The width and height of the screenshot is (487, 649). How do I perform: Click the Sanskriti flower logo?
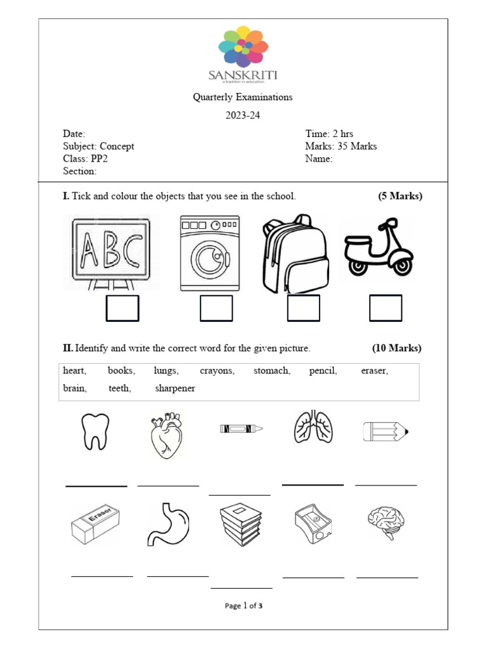pyautogui.click(x=243, y=47)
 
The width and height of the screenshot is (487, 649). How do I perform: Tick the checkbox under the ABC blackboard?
pyautogui.click(x=122, y=309)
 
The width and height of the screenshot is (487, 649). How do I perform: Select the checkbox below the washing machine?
pyautogui.click(x=216, y=309)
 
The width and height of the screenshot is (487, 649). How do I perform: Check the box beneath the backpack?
pyautogui.click(x=303, y=309)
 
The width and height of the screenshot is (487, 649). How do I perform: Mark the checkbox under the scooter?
pyautogui.click(x=386, y=309)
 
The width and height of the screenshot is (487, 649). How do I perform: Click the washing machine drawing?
pyautogui.click(x=210, y=253)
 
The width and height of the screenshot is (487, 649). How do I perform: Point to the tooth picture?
pyautogui.click(x=96, y=431)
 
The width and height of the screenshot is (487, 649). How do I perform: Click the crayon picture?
pyautogui.click(x=241, y=429)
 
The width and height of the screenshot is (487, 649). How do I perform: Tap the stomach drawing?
pyautogui.click(x=169, y=524)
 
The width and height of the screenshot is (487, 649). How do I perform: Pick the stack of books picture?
pyautogui.click(x=241, y=525)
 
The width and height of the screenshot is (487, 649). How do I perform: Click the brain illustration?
pyautogui.click(x=385, y=521)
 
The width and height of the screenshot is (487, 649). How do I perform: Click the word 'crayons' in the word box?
pyautogui.click(x=217, y=371)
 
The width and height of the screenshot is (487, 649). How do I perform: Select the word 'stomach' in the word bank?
pyautogui.click(x=271, y=371)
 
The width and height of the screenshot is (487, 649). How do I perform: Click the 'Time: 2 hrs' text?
pyautogui.click(x=329, y=134)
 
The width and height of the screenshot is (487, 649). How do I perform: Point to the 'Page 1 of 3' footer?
pyautogui.click(x=243, y=606)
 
